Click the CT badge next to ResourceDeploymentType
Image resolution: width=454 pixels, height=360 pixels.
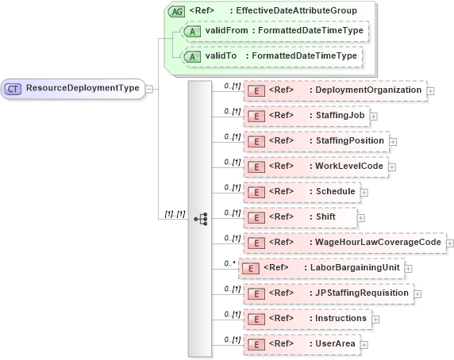(13, 89)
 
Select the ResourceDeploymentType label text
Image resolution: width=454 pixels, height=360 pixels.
(83, 89)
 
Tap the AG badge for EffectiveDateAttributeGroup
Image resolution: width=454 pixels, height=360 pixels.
(176, 11)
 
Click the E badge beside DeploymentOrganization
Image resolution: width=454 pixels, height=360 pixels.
(256, 91)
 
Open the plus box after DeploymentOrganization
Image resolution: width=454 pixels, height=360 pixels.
(430, 91)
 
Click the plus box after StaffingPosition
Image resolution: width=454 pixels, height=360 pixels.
(393, 142)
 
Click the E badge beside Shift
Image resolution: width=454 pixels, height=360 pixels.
(256, 217)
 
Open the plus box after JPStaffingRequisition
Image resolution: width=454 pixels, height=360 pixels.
(417, 293)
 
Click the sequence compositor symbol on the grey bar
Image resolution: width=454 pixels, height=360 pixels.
(200, 218)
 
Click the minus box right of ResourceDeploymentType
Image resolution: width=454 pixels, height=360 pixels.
(149, 89)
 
